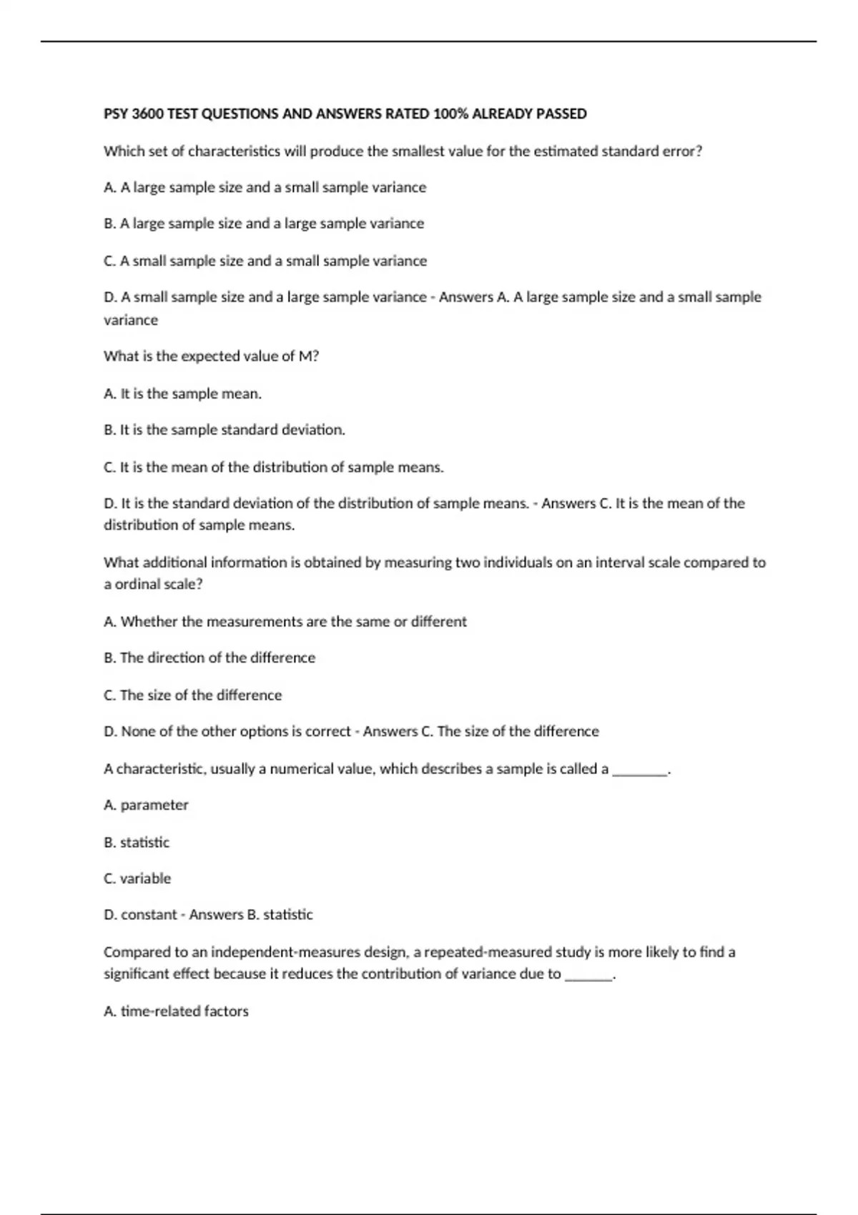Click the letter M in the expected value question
click(305, 356)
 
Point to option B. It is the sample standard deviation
click(224, 430)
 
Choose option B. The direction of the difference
click(209, 658)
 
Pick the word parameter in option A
click(154, 805)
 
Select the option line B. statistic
click(137, 842)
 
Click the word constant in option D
click(149, 915)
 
